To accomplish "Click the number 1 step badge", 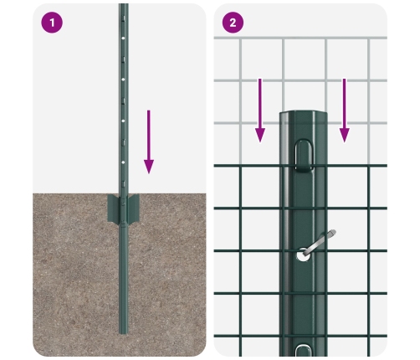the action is pyautogui.click(x=52, y=23).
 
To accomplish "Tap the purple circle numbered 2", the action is pyautogui.click(x=233, y=23).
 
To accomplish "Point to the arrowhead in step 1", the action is pyautogui.click(x=149, y=167).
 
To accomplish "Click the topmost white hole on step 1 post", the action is pyautogui.click(x=123, y=38).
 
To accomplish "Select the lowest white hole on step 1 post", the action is pyautogui.click(x=123, y=162).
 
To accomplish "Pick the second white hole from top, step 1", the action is pyautogui.click(x=123, y=80).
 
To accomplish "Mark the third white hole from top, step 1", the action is pyautogui.click(x=123, y=121).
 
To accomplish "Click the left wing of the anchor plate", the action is pyautogui.click(x=114, y=208).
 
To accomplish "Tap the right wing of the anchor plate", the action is pyautogui.click(x=133, y=208).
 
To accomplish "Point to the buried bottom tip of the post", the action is pyautogui.click(x=124, y=332).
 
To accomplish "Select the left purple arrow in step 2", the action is pyautogui.click(x=260, y=111).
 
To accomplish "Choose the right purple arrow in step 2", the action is pyautogui.click(x=345, y=111).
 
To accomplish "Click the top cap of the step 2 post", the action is pyautogui.click(x=303, y=115).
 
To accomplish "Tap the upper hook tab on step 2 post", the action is pyautogui.click(x=303, y=156).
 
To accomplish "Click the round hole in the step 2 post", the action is pyautogui.click(x=302, y=255).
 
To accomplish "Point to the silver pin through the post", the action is pyautogui.click(x=319, y=242).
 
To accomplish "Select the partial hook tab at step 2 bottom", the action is pyautogui.click(x=303, y=351).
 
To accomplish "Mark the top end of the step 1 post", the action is pyautogui.click(x=124, y=4).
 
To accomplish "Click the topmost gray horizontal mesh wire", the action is pyautogui.click(x=300, y=38).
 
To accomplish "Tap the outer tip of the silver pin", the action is pyautogui.click(x=334, y=232).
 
